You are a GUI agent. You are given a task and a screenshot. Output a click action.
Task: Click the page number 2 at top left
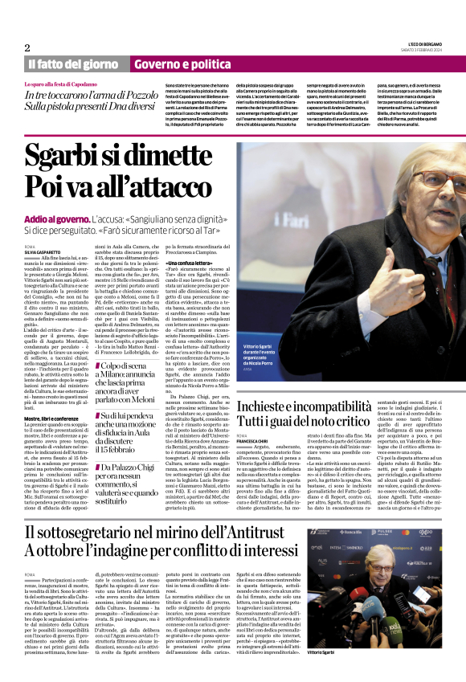tap(27, 48)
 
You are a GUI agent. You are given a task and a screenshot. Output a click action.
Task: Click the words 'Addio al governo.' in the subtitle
tap(58, 219)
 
